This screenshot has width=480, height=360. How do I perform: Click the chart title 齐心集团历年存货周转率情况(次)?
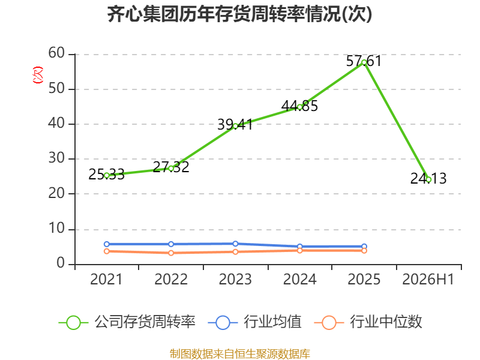click(239, 14)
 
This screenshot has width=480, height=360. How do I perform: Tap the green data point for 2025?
click(364, 62)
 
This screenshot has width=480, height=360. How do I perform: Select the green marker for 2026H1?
click(428, 179)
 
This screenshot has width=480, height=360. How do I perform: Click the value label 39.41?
click(235, 124)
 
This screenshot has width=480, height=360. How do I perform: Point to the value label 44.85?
click(299, 106)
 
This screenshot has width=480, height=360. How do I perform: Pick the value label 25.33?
click(107, 175)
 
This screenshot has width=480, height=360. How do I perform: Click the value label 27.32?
click(171, 167)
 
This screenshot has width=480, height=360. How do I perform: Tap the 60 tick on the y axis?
click(56, 53)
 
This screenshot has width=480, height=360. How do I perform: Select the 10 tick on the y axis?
click(56, 229)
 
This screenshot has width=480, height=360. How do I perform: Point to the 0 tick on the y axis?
click(61, 263)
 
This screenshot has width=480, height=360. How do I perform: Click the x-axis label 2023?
click(235, 279)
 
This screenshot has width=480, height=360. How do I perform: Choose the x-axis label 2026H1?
click(428, 279)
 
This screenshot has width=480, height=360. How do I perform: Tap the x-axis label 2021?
click(106, 279)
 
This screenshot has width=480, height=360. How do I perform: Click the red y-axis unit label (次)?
click(38, 75)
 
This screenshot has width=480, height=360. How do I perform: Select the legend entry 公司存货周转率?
click(127, 322)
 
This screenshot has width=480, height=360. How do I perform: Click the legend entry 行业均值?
click(254, 322)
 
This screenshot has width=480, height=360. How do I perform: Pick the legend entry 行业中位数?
click(368, 322)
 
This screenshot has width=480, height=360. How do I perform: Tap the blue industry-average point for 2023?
click(235, 244)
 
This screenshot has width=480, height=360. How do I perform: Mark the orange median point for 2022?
click(171, 253)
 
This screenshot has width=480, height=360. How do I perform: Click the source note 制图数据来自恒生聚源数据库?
click(240, 354)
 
